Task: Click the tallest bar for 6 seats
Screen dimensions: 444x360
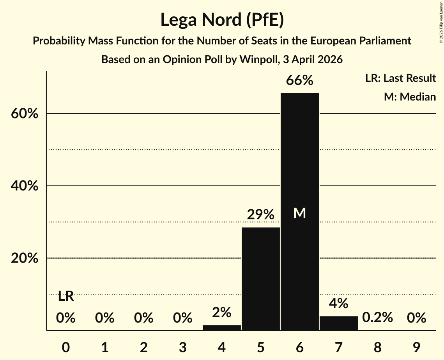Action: tap(300, 212)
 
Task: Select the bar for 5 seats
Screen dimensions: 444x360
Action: tap(260, 279)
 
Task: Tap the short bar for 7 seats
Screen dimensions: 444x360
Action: tap(339, 323)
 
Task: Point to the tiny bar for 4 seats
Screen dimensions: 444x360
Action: tap(222, 328)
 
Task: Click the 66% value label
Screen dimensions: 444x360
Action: tap(300, 80)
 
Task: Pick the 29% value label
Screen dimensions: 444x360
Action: tap(260, 214)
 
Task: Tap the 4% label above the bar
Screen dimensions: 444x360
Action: tap(339, 304)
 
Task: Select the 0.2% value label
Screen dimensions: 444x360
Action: tap(377, 317)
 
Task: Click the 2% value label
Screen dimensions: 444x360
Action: tap(222, 312)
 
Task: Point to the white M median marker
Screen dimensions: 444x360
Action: tap(300, 213)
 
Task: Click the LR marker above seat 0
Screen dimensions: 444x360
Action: tap(66, 296)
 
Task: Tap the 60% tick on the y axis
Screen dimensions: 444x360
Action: tap(25, 113)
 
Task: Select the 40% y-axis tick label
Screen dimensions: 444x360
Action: tap(25, 186)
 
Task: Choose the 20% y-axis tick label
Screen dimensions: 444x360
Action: tap(25, 258)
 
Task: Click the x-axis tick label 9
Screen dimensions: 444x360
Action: tap(417, 347)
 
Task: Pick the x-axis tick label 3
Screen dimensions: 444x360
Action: tap(183, 347)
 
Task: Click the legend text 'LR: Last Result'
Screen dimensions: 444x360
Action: tap(400, 78)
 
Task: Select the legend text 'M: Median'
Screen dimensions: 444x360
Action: tap(410, 97)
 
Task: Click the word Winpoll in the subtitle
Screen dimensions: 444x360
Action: tap(259, 60)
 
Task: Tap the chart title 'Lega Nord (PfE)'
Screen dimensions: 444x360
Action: tap(222, 19)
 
